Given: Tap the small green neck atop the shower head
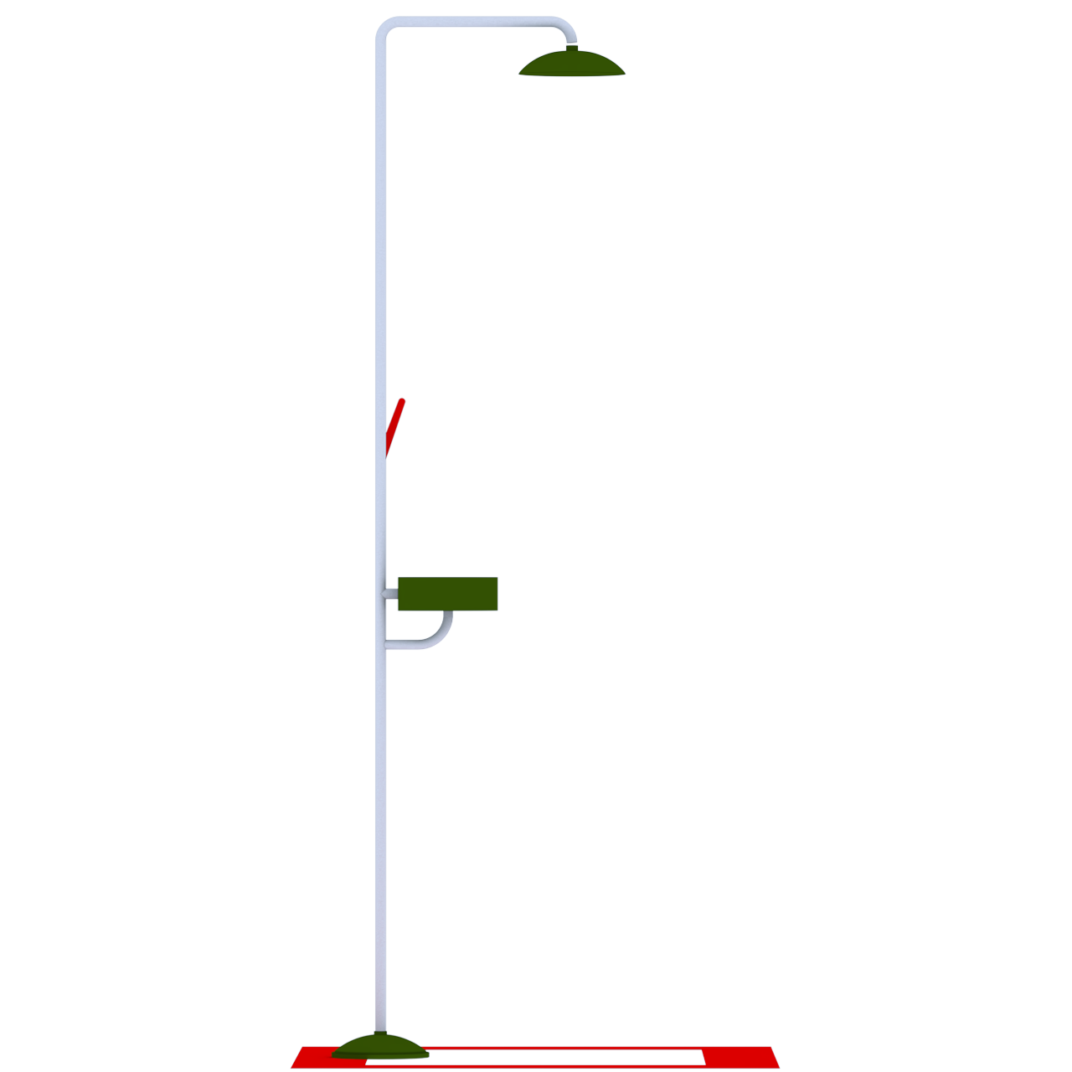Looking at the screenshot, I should point(573,49).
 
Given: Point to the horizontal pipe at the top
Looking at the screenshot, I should point(473,22).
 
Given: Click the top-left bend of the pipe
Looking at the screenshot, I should point(384,29).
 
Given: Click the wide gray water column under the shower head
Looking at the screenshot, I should point(572,167).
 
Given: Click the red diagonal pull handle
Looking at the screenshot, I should point(394,427).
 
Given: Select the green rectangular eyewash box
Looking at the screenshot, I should point(447,594).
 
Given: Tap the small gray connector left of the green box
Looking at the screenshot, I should point(389,594).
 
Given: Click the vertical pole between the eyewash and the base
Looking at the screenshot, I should point(381,837).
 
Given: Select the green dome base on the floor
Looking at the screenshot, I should point(380,1048).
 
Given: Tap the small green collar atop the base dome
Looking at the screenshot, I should point(381,1033).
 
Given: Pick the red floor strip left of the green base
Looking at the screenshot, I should point(314,1057).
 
